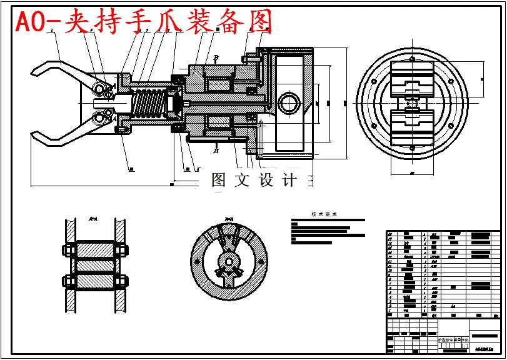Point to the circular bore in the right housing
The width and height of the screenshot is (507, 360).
click(x=290, y=103)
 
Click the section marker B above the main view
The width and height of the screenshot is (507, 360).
click(x=216, y=57)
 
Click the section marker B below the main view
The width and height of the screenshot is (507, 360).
click(x=216, y=151)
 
